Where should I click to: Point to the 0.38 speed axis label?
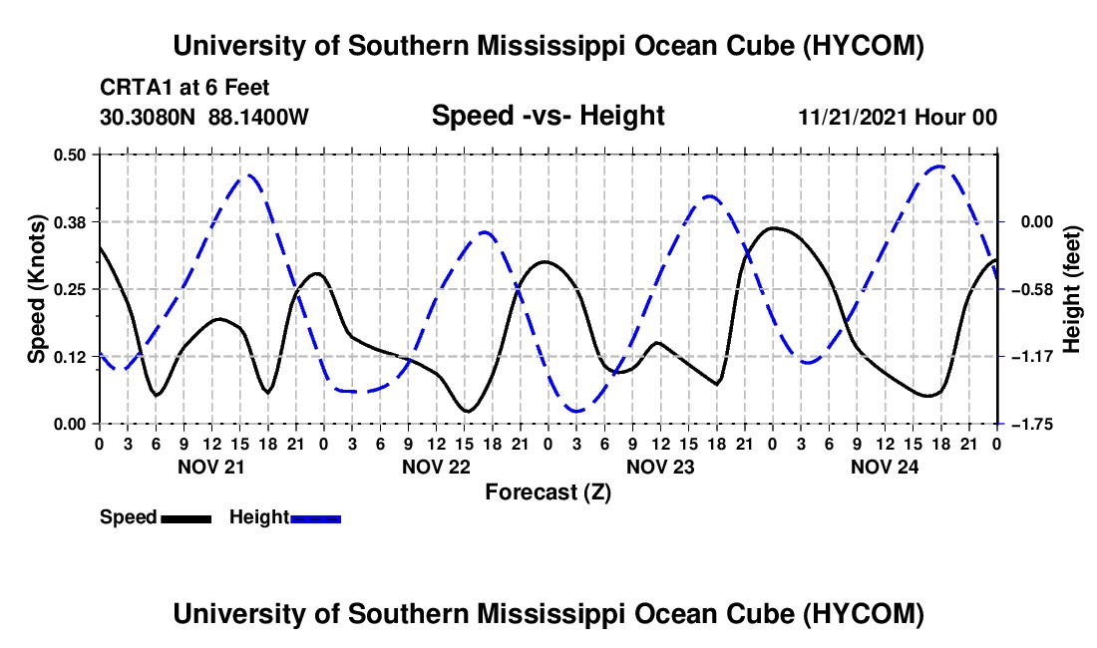(69, 222)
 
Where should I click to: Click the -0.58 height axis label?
(1037, 289)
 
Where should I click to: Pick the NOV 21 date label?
(211, 467)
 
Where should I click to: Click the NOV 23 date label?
(660, 467)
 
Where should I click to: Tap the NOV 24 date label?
(885, 467)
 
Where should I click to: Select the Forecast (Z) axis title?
(548, 492)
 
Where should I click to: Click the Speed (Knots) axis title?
(37, 289)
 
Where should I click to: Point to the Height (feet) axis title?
(1071, 289)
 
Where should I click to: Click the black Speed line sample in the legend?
(186, 518)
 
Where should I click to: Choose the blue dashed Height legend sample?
(315, 518)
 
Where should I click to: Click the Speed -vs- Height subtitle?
(548, 116)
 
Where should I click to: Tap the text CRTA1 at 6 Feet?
(184, 88)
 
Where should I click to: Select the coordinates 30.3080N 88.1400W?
(204, 117)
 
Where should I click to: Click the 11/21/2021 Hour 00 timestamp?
(898, 117)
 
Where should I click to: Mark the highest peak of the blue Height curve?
(940, 166)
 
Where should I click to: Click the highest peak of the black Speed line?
(772, 228)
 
